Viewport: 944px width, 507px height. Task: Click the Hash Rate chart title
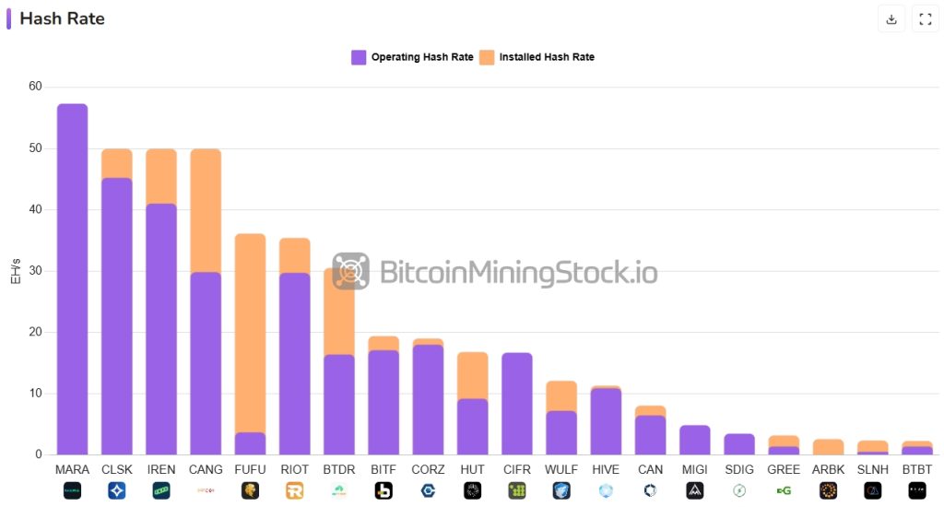click(62, 18)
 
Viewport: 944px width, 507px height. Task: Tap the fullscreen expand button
click(925, 19)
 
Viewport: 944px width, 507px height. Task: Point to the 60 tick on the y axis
click(35, 87)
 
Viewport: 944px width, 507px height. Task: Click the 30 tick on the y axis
click(35, 271)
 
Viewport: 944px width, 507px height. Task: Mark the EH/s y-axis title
click(16, 271)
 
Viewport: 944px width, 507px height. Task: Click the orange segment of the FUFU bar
click(250, 332)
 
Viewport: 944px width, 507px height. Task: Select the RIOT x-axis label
click(294, 469)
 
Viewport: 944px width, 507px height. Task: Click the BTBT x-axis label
click(916, 469)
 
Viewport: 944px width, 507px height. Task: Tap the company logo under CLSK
click(116, 490)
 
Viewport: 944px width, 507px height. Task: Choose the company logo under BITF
click(383, 490)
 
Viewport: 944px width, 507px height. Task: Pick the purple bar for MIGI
click(695, 440)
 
